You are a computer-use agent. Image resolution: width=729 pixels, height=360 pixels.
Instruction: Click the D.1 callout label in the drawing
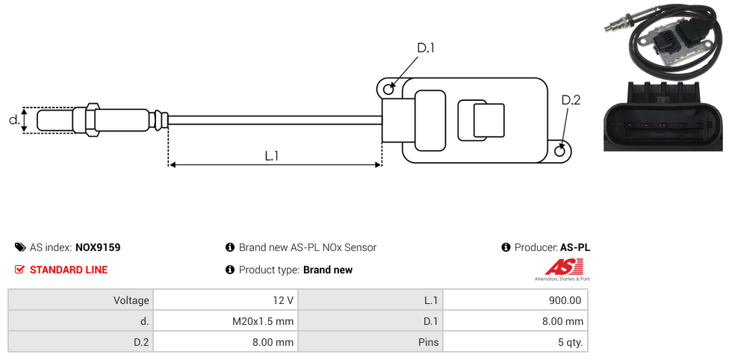(425, 48)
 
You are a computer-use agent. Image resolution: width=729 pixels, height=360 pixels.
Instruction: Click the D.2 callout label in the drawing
(570, 100)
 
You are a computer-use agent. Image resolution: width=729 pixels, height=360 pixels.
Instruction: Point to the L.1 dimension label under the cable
(272, 155)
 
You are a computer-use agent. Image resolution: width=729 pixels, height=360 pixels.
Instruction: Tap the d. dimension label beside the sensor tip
(13, 120)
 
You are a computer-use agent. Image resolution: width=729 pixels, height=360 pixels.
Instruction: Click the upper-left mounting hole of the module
(388, 90)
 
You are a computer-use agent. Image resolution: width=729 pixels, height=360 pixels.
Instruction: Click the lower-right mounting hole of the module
(561, 151)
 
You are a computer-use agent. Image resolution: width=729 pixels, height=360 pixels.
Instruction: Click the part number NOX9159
(98, 247)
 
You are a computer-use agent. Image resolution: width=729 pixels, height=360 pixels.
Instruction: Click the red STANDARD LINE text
(68, 270)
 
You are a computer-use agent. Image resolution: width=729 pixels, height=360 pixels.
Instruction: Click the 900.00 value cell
(515, 300)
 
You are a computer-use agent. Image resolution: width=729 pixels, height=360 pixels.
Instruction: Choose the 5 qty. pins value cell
(515, 342)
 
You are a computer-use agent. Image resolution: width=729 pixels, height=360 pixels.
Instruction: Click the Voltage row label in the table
(81, 300)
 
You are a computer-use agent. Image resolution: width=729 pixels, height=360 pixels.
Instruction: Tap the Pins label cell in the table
(370, 342)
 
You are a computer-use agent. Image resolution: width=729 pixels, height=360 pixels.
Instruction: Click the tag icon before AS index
(20, 247)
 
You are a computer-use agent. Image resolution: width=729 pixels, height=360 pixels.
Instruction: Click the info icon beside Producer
(506, 247)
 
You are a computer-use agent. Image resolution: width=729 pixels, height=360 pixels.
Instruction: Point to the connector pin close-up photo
(663, 117)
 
